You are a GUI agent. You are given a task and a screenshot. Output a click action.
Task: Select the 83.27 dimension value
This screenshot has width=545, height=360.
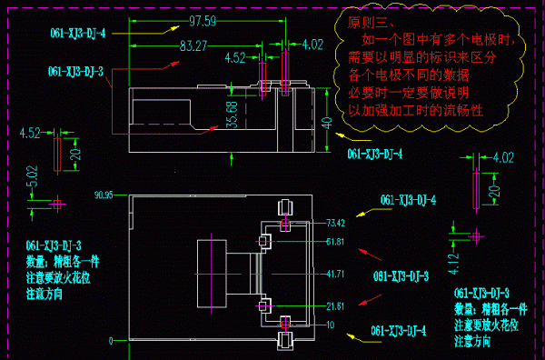tap(195, 45)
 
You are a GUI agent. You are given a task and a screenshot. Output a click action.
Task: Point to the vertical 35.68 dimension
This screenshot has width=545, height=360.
tap(232, 115)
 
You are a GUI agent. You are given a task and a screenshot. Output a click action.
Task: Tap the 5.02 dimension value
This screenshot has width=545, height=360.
tap(32, 176)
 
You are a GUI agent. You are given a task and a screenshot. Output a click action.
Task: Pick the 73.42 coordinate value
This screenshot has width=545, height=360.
tap(336, 223)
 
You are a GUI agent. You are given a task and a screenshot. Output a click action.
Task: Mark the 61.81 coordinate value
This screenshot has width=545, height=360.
tap(336, 242)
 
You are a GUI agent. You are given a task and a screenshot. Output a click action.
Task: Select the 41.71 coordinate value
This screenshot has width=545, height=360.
tap(336, 274)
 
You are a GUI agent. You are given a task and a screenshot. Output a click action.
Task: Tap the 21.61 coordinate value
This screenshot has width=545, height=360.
tap(336, 305)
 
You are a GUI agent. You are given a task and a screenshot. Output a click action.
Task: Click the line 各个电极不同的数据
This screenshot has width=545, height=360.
tap(403, 75)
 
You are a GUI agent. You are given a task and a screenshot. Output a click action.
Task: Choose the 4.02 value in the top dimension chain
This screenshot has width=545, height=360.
tap(312, 44)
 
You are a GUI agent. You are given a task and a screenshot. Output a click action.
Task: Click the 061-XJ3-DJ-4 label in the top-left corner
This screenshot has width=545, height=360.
tap(78, 33)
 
